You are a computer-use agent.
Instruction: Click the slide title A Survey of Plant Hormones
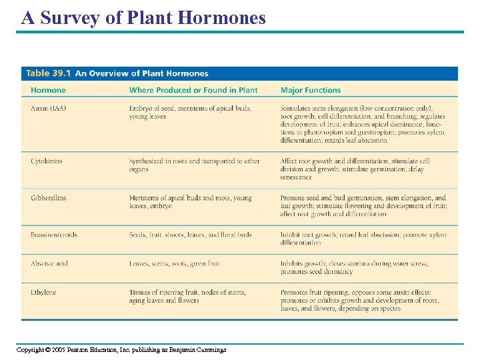pyautogui.click(x=143, y=17)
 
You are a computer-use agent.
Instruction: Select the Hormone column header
pyautogui.click(x=48, y=90)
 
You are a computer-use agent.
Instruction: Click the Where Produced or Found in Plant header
pyautogui.click(x=193, y=90)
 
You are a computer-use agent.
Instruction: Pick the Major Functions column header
pyautogui.click(x=311, y=90)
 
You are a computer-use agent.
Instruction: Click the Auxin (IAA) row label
pyautogui.click(x=48, y=108)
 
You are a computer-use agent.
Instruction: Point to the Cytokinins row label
pyautogui.click(x=47, y=161)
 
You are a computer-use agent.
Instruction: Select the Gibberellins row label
pyautogui.click(x=48, y=198)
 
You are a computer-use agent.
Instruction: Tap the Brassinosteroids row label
pyautogui.click(x=53, y=235)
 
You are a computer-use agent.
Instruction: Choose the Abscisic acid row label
pyautogui.click(x=49, y=263)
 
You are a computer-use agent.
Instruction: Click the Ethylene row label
pyautogui.click(x=43, y=293)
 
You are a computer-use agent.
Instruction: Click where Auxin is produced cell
pyautogui.click(x=190, y=112)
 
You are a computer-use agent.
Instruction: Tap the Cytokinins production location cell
pyautogui.click(x=194, y=165)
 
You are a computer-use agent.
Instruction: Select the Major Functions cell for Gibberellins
pyautogui.click(x=363, y=206)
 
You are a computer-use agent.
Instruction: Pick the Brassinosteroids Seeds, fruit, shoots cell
pyautogui.click(x=190, y=235)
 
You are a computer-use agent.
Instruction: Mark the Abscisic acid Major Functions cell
pyautogui.click(x=354, y=267)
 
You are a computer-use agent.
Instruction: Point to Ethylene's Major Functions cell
pyautogui.click(x=359, y=301)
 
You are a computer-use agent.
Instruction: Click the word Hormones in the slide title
pyautogui.click(x=222, y=17)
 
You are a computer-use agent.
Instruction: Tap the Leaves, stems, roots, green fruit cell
pyautogui.click(x=174, y=263)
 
